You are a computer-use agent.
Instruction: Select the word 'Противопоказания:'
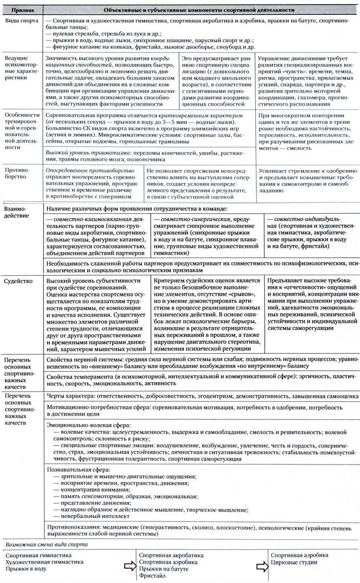pyautogui.click(x=71, y=528)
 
